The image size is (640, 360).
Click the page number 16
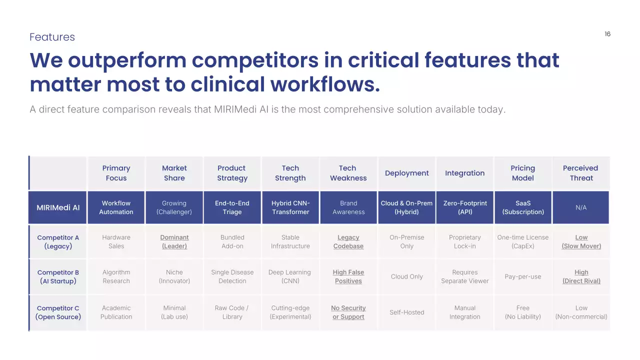tap(607, 34)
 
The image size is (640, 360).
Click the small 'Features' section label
tap(52, 37)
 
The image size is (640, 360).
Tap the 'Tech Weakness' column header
tap(348, 173)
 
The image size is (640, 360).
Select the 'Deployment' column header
tap(406, 173)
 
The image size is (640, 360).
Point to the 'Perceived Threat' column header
tap(580, 173)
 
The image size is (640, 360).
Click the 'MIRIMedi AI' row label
tap(58, 207)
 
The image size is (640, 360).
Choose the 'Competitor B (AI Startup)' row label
tap(58, 276)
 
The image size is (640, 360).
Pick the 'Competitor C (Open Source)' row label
tap(58, 312)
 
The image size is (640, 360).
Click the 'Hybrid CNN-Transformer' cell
tap(290, 207)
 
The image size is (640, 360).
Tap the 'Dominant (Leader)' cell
tap(174, 241)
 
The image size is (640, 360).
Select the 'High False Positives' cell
tap(348, 276)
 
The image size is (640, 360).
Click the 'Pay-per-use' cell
tap(523, 276)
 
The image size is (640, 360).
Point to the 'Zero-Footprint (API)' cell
tap(465, 207)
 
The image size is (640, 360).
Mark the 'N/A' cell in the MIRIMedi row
tap(581, 207)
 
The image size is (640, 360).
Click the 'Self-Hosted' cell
tap(406, 312)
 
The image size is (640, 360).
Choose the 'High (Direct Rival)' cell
tap(581, 276)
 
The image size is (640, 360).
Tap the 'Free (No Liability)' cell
tap(523, 312)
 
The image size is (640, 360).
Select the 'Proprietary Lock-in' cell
tap(465, 241)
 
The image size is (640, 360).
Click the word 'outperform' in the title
tap(127, 61)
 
